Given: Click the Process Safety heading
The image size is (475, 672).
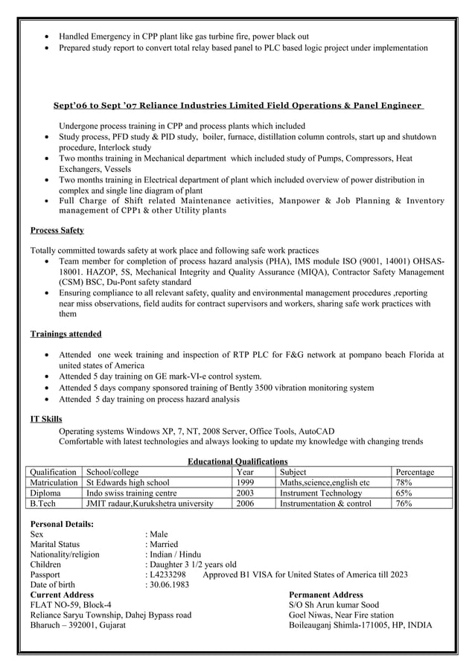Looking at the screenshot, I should pos(57,231).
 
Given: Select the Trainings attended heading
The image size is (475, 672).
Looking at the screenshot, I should pos(66,334).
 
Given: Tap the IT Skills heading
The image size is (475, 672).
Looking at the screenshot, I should pos(46,420).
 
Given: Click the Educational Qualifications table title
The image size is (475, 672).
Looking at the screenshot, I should pos(238,462).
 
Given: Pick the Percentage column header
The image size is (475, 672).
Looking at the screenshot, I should pos(415,473).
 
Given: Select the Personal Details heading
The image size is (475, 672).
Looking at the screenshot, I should pos(62,524).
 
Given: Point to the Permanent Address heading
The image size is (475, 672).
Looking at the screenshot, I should pos(325,595).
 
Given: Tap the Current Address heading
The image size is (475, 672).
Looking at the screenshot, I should pos(62,595).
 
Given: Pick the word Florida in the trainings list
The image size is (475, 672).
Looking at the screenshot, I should pos(413,355).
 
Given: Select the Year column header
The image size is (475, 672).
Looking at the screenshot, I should pos(244,473).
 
